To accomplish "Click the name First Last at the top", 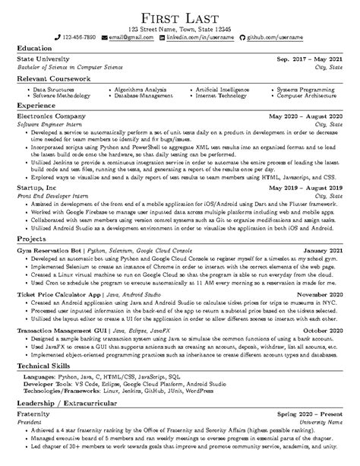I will click(180, 17).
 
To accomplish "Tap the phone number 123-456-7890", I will click(79, 36).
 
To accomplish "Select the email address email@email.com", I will click(128, 36).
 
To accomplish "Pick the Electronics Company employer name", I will click(51, 116).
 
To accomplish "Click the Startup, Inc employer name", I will click(36, 185).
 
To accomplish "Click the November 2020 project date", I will click(319, 293).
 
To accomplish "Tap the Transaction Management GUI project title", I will click(62, 330).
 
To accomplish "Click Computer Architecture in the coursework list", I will click(307, 97).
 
